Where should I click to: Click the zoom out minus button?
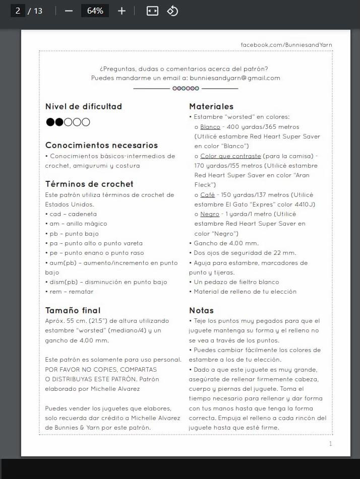69,11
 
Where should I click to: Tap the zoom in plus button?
122,11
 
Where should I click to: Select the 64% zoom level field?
95,11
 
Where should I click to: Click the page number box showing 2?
18,11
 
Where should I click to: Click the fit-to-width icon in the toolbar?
152,11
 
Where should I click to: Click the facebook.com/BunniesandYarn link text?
286,45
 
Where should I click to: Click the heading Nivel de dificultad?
84,106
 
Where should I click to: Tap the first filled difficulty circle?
50,122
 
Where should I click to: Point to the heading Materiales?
211,106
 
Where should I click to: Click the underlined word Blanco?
210,127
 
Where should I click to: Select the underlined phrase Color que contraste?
230,156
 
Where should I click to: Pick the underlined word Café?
207,195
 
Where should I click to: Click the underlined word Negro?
210,214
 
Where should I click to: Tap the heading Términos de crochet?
89,184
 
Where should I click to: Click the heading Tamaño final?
73,310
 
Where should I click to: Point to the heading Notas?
201,310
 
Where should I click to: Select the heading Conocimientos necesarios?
101,145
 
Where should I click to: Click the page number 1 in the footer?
330,444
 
